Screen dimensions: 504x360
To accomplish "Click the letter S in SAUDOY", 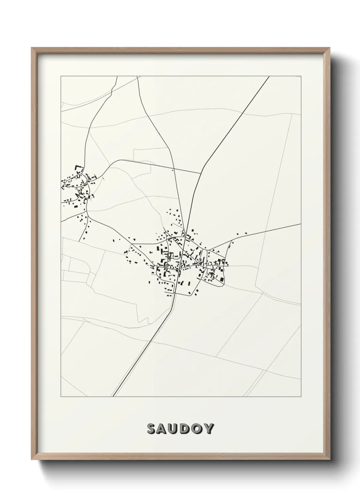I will click(152, 429).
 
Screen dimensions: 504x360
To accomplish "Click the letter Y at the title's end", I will click(210, 429).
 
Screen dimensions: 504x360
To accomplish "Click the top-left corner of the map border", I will click(61, 76).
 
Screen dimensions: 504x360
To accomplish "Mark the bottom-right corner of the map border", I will click(301, 397).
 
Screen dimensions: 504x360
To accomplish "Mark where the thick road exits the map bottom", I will click(113, 396).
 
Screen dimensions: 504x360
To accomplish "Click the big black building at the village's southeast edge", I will click(222, 279).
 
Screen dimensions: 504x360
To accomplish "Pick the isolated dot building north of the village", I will click(173, 170).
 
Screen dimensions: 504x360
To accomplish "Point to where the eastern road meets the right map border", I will click(301, 224).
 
